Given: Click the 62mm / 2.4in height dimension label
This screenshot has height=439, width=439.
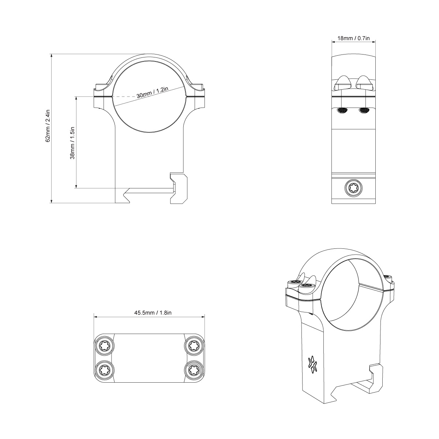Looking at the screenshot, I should click(48, 126).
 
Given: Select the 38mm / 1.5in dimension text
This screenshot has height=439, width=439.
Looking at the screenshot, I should click(72, 143).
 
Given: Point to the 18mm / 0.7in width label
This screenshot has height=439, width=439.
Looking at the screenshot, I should click(353, 38).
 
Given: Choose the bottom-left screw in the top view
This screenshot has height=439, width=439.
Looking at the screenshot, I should click(104, 370).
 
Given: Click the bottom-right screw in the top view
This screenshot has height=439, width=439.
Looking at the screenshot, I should click(192, 370).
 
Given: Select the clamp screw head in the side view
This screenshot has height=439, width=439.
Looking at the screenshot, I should click(353, 188).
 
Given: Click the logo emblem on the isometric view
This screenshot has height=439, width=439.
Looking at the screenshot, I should click(312, 364).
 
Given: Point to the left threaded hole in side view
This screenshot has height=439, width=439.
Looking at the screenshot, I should click(342, 110).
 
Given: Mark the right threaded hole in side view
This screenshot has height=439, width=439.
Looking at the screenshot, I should click(364, 110).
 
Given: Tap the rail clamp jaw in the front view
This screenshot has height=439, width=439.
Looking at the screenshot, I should click(179, 188).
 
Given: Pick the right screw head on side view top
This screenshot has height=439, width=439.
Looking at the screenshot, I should click(364, 83).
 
